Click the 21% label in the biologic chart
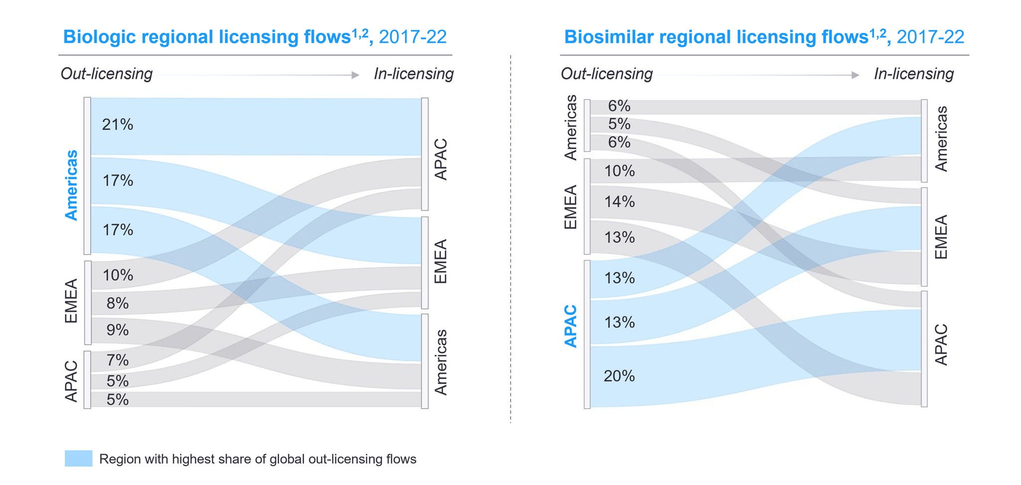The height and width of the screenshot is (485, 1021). [118, 125]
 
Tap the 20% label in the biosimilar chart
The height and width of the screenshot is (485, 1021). [619, 376]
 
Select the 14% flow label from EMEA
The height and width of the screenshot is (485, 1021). [619, 202]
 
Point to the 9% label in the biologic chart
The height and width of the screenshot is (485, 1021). [118, 330]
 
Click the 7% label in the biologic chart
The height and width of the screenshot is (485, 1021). [118, 360]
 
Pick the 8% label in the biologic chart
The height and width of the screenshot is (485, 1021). [118, 303]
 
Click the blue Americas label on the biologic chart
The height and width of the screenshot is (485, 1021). [72, 185]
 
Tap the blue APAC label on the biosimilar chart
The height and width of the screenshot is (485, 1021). [570, 326]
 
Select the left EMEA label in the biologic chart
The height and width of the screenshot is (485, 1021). [71, 301]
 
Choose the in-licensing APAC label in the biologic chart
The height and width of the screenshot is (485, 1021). [441, 159]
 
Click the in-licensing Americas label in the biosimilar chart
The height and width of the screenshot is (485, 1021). [941, 139]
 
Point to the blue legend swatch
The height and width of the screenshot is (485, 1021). [78, 459]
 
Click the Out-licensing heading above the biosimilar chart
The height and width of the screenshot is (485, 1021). [606, 74]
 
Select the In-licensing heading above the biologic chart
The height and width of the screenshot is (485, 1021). [414, 74]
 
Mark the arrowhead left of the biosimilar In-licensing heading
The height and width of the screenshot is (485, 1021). [855, 75]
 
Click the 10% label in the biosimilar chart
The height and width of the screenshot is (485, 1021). [619, 171]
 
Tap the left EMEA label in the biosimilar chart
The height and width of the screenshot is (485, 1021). [570, 207]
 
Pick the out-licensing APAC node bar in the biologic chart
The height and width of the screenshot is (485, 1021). [87, 380]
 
